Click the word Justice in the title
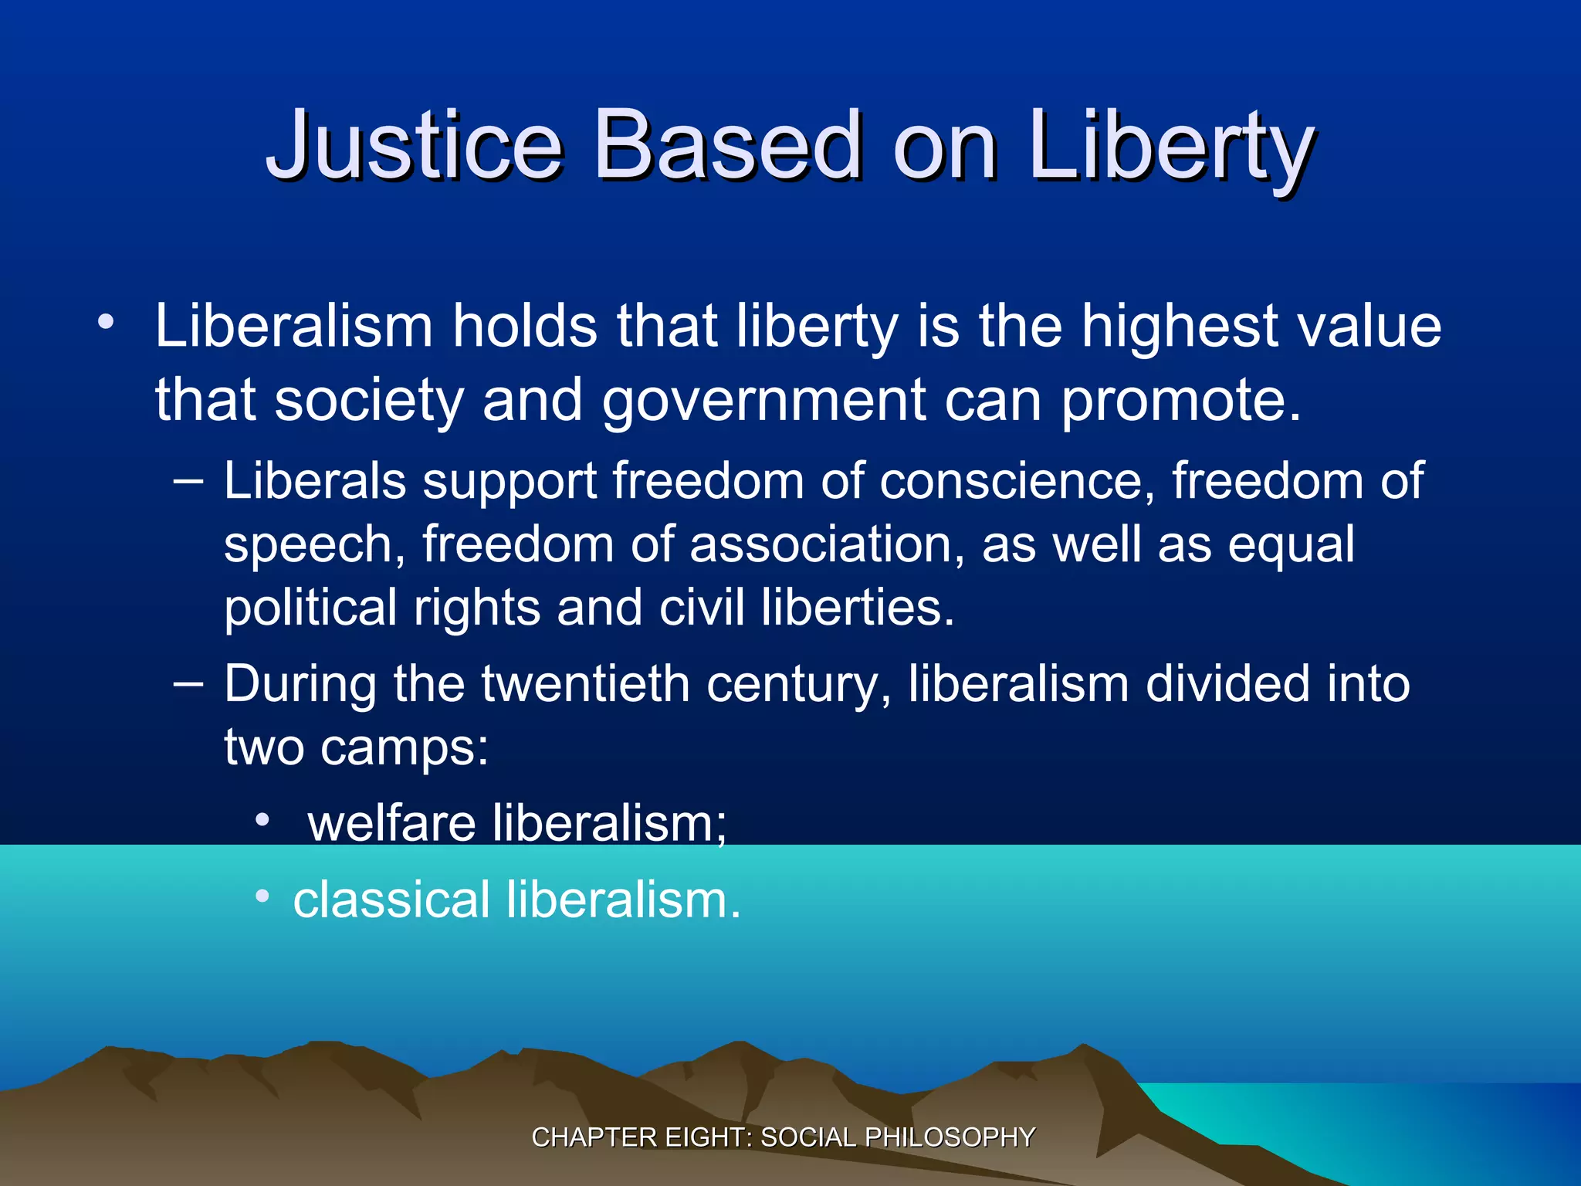pos(415,145)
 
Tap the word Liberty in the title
pos(1172,145)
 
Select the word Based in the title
pos(728,145)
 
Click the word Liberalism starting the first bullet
pos(293,326)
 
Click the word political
pos(310,608)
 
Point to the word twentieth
pos(585,685)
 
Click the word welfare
pos(391,823)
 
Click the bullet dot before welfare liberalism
pos(263,820)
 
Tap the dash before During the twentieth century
pos(188,684)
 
